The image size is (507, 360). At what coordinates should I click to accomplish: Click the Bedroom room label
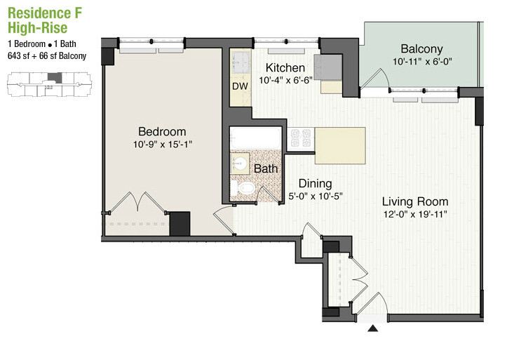click(x=162, y=131)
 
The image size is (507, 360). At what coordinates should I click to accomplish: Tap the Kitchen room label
click(x=285, y=68)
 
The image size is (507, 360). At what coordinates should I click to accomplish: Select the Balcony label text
click(x=421, y=49)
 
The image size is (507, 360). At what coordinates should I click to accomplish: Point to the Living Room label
click(x=415, y=201)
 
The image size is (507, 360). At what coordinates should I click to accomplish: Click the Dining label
click(x=315, y=184)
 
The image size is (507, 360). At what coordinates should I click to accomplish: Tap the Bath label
click(x=266, y=169)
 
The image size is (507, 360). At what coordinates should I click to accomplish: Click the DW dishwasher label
click(x=241, y=87)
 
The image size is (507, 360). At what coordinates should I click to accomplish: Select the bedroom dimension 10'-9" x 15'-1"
click(x=162, y=145)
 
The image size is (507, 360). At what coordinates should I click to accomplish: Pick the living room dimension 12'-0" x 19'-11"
click(x=415, y=214)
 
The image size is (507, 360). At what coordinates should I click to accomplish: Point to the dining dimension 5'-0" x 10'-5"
click(x=315, y=196)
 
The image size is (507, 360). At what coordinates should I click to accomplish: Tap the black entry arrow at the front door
click(x=373, y=327)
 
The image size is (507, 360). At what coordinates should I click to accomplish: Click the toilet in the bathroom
click(x=246, y=189)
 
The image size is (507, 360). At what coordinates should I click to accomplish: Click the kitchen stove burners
click(x=302, y=138)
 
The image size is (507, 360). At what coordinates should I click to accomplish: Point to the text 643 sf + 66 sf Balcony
click(x=47, y=56)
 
